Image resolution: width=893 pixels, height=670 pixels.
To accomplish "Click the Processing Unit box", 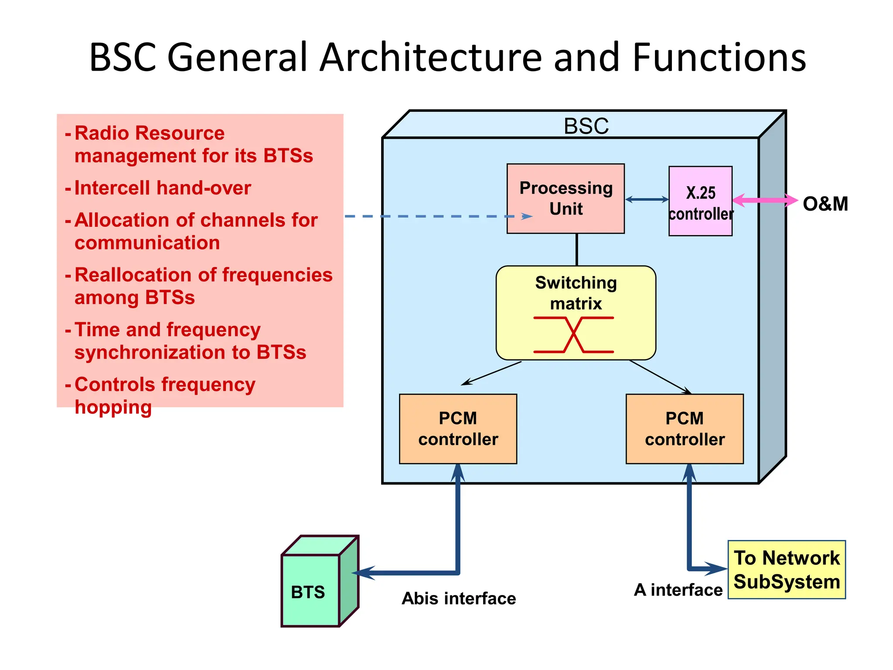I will [x=566, y=198].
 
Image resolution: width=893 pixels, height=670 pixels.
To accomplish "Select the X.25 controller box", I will [x=700, y=202].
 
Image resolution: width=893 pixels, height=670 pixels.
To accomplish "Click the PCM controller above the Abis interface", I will [x=458, y=429].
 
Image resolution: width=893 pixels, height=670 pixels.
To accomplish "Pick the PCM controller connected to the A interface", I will [x=685, y=429].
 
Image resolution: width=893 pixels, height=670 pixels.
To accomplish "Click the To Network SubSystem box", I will [x=787, y=570].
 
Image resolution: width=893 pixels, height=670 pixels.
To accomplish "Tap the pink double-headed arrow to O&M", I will [x=765, y=200].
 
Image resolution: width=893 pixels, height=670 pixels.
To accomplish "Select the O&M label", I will [x=825, y=204].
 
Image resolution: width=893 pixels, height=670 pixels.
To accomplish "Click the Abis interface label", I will [x=459, y=598].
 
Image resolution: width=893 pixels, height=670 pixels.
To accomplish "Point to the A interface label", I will [x=678, y=590].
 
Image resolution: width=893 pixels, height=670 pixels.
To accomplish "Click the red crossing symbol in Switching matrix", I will [x=574, y=335].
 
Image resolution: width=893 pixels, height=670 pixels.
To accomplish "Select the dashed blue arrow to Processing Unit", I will [x=436, y=216].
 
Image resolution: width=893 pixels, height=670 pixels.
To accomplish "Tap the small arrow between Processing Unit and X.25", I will [x=647, y=199].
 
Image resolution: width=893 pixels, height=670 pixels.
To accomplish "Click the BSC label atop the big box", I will [x=586, y=126].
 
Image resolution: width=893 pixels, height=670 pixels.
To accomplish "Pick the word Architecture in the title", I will [x=431, y=57].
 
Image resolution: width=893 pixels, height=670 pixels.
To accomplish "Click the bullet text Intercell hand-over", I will [x=163, y=188].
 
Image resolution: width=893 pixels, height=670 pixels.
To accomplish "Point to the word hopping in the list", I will [x=113, y=407].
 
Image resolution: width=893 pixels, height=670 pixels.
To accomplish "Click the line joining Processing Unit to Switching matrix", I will [x=577, y=250].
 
